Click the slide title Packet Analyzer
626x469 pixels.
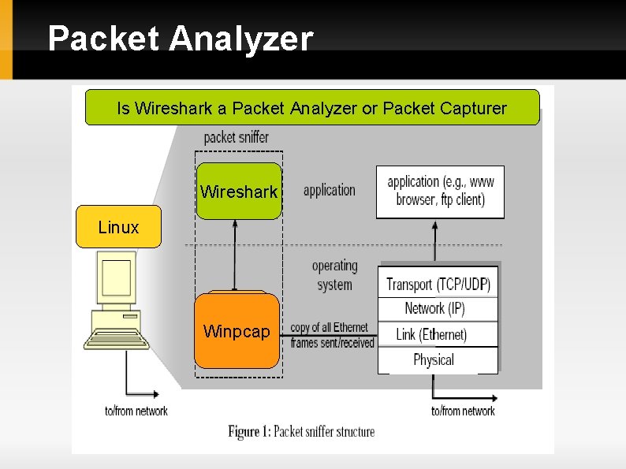point(181,39)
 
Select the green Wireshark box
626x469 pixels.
point(239,191)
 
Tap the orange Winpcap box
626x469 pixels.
point(237,331)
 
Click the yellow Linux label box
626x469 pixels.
point(118,227)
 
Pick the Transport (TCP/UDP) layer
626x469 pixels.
point(438,284)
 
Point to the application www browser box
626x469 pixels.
point(440,191)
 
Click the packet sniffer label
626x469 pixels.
point(236,137)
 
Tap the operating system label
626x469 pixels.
point(334,275)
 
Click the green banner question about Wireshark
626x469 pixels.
point(311,108)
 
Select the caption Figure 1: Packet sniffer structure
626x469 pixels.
point(301,431)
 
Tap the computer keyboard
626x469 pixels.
point(117,340)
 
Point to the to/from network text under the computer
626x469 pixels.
point(136,411)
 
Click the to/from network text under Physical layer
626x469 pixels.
point(463,411)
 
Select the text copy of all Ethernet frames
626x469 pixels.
point(330,335)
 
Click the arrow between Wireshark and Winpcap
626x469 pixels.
point(234,255)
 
